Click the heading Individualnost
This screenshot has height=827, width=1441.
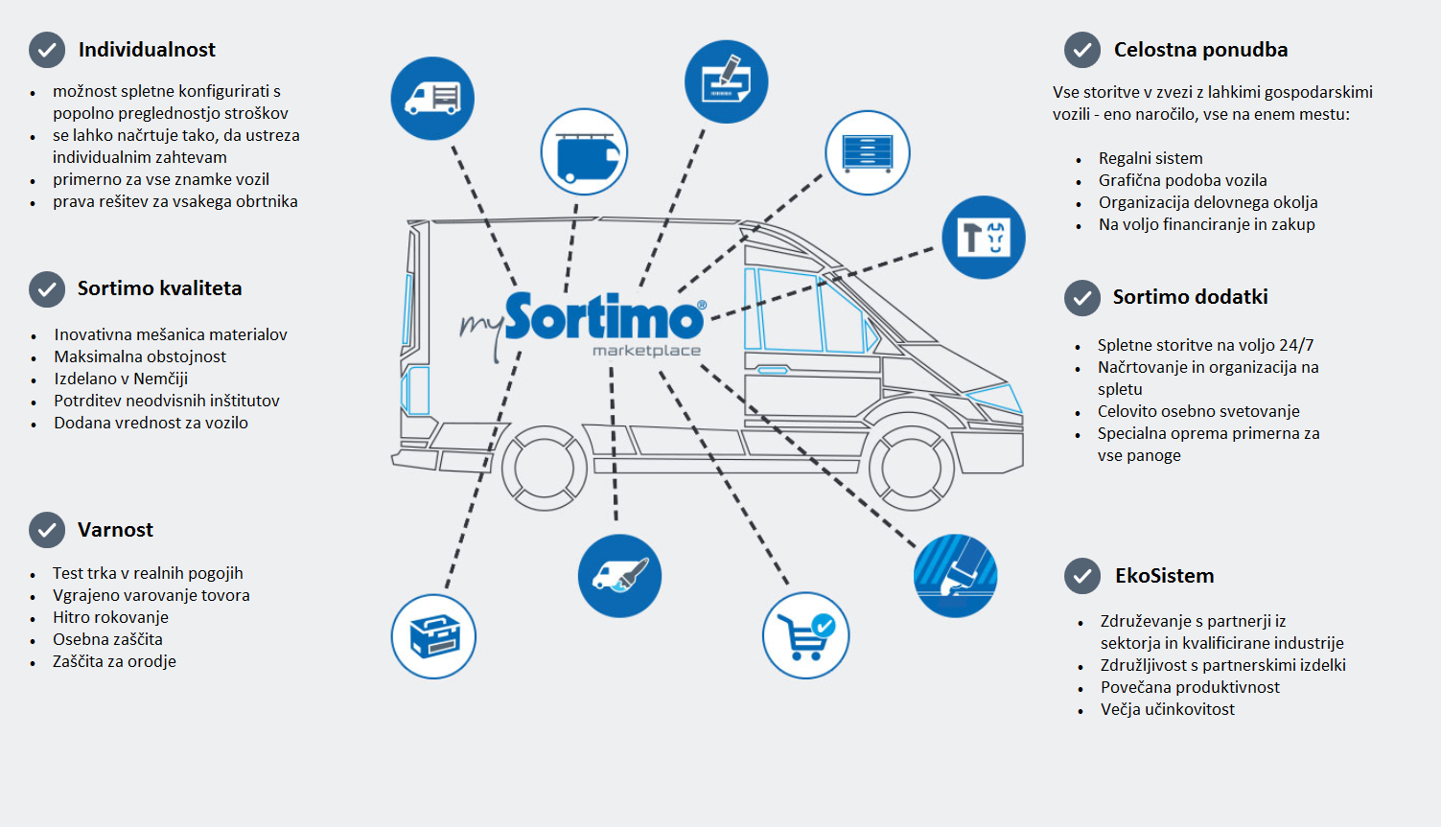pyautogui.click(x=147, y=50)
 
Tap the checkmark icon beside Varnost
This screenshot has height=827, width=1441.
pyautogui.click(x=47, y=530)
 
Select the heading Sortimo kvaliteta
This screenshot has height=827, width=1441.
pyautogui.click(x=159, y=288)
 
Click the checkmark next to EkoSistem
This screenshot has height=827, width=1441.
pyautogui.click(x=1082, y=576)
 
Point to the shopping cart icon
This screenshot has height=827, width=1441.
pyautogui.click(x=805, y=635)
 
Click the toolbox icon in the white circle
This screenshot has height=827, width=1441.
pyautogui.click(x=433, y=636)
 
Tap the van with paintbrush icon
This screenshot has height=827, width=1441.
pyautogui.click(x=619, y=575)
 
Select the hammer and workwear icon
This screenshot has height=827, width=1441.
pyautogui.click(x=984, y=238)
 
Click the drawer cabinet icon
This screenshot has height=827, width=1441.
pyautogui.click(x=867, y=153)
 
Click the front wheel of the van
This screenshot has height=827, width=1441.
pyautogui.click(x=911, y=468)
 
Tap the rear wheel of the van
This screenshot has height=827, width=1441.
pyautogui.click(x=544, y=468)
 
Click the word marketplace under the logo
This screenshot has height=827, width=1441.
pyautogui.click(x=646, y=351)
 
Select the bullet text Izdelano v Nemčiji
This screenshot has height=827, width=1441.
pyautogui.click(x=121, y=379)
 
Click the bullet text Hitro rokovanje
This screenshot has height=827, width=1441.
pyautogui.click(x=110, y=617)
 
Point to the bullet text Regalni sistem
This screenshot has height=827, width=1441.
pyautogui.click(x=1150, y=158)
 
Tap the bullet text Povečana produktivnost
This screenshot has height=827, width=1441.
pyautogui.click(x=1190, y=687)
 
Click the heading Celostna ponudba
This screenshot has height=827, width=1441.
pyautogui.click(x=1200, y=50)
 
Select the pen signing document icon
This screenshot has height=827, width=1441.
pyautogui.click(x=726, y=81)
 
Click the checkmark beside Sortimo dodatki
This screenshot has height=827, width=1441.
pyautogui.click(x=1082, y=298)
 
